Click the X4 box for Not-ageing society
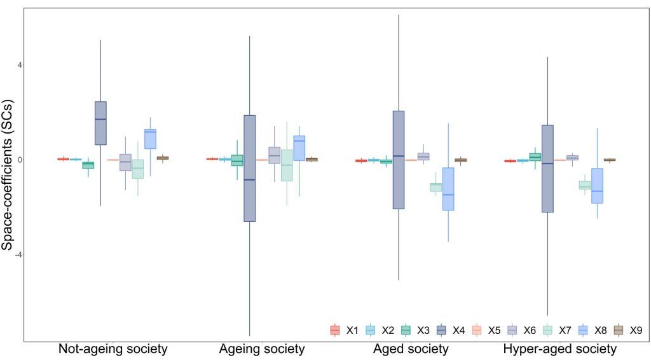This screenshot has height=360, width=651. (100, 123)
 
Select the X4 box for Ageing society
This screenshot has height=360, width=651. (249, 168)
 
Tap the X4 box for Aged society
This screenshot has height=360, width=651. (399, 160)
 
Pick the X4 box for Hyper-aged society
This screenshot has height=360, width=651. (547, 169)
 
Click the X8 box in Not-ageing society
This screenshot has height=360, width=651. (150, 139)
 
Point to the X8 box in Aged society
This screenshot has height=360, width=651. (448, 188)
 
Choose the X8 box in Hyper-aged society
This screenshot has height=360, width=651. (597, 186)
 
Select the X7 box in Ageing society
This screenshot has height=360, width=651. (287, 165)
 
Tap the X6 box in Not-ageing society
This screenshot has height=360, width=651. (125, 162)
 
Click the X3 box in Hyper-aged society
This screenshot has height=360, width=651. (535, 157)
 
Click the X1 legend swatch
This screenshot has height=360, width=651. (335, 330)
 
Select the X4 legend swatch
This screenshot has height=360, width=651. (441, 330)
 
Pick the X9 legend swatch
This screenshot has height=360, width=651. (618, 330)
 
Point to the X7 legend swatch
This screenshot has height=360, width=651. (547, 330)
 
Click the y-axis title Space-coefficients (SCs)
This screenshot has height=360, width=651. (8, 174)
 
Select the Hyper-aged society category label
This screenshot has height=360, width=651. (560, 349)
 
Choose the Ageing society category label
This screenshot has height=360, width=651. (262, 349)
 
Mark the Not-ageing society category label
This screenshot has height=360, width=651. (113, 349)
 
